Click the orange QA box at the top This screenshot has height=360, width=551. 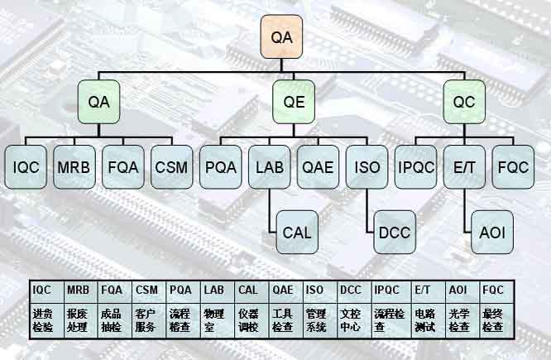[x=283, y=37]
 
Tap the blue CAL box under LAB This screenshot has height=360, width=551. [x=296, y=232]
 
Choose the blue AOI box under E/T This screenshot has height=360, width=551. [x=491, y=232]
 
